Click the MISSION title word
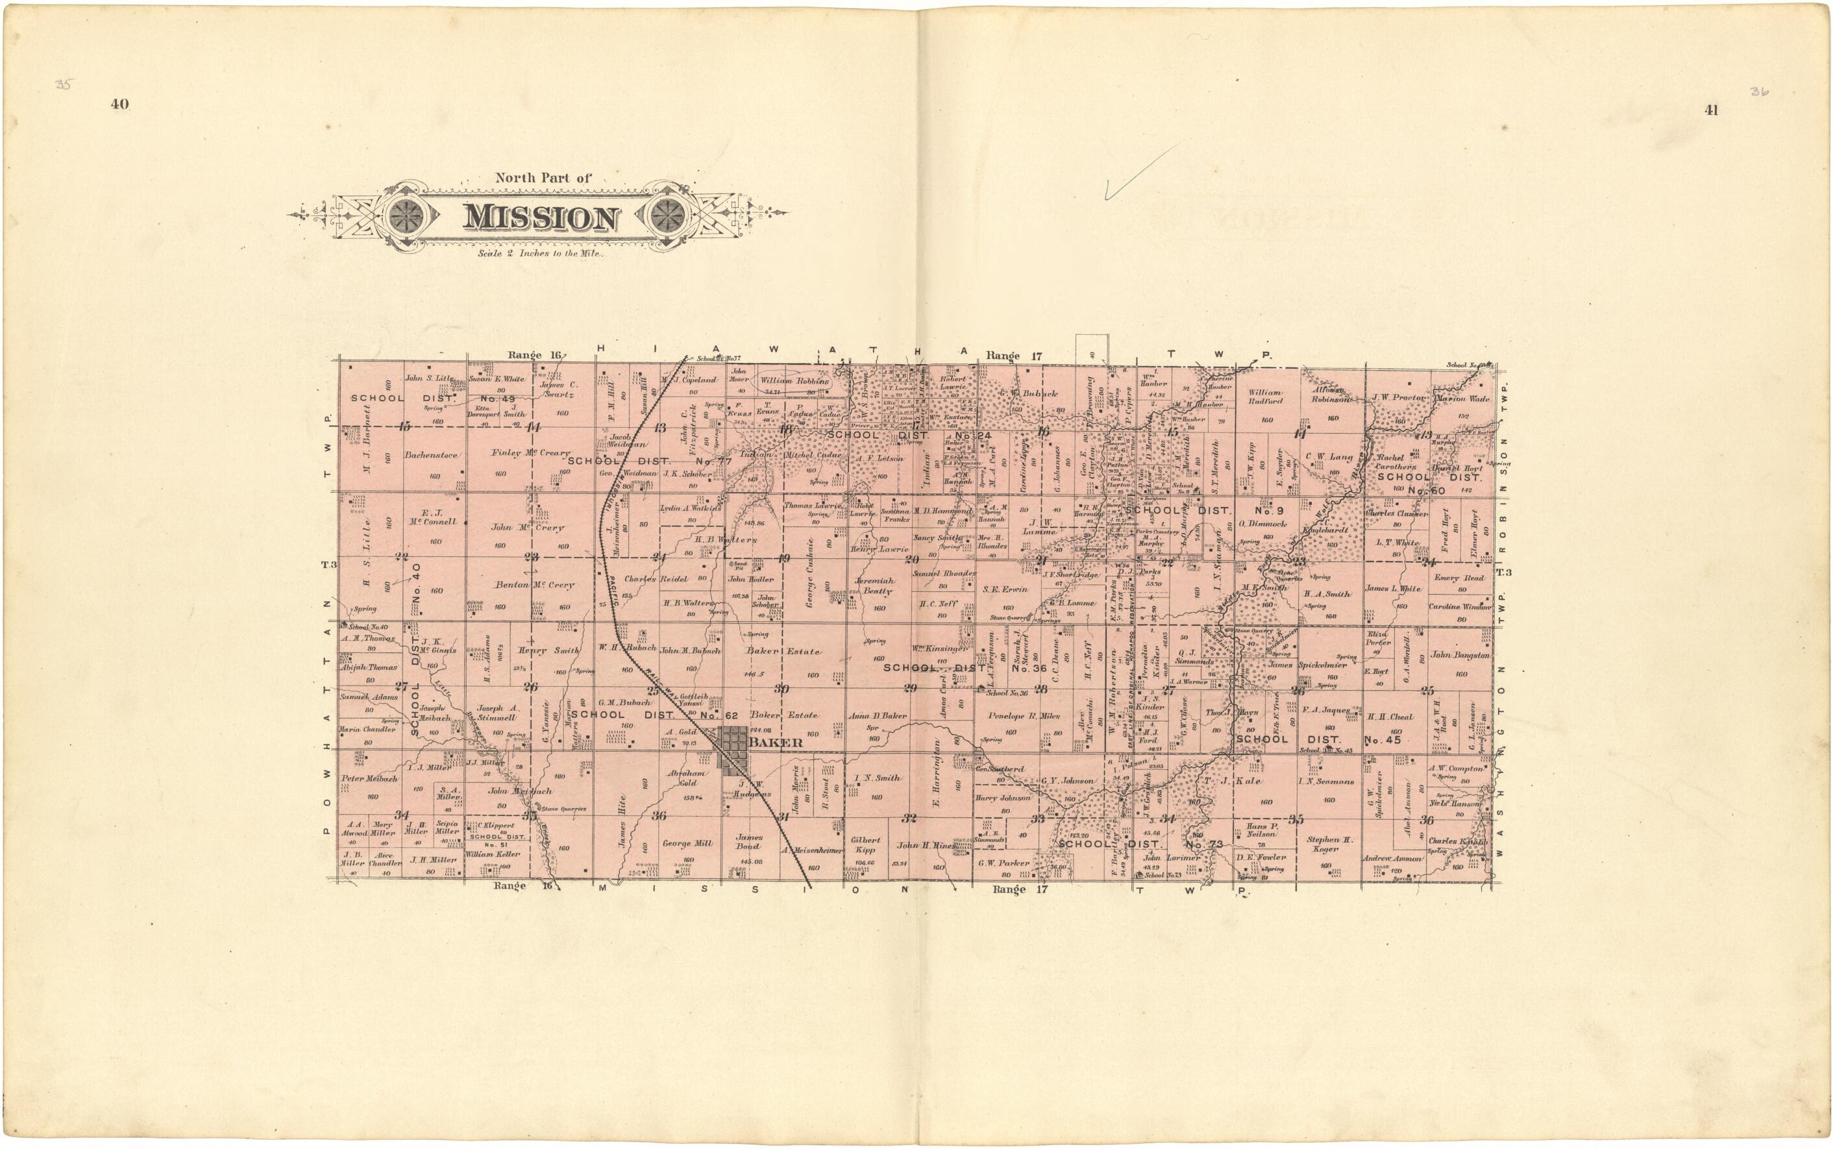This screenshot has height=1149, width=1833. tap(541, 218)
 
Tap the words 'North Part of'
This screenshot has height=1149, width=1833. tap(543, 178)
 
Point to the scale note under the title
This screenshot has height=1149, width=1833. tap(541, 254)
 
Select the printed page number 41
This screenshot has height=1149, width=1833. tap(1711, 110)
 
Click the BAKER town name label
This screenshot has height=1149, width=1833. tap(776, 743)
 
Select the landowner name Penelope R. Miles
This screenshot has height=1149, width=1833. tap(1023, 716)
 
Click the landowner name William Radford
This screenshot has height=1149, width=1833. tap(1265, 397)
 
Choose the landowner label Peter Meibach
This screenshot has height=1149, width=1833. tap(369, 779)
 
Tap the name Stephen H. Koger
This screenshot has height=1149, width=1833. tap(1330, 845)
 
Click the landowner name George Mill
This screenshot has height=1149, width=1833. tap(687, 843)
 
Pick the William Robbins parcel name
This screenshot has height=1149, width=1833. tap(794, 380)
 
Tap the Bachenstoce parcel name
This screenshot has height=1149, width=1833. tap(431, 455)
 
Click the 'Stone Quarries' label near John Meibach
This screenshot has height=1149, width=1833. tap(563, 809)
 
